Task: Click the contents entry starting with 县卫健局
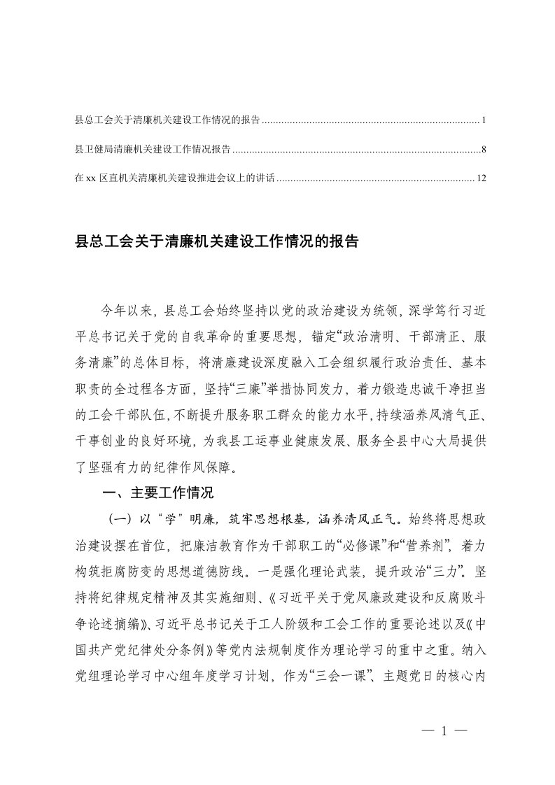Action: coord(153,150)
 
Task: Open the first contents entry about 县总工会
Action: coord(167,121)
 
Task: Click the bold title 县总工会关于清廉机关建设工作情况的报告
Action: coord(216,243)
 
